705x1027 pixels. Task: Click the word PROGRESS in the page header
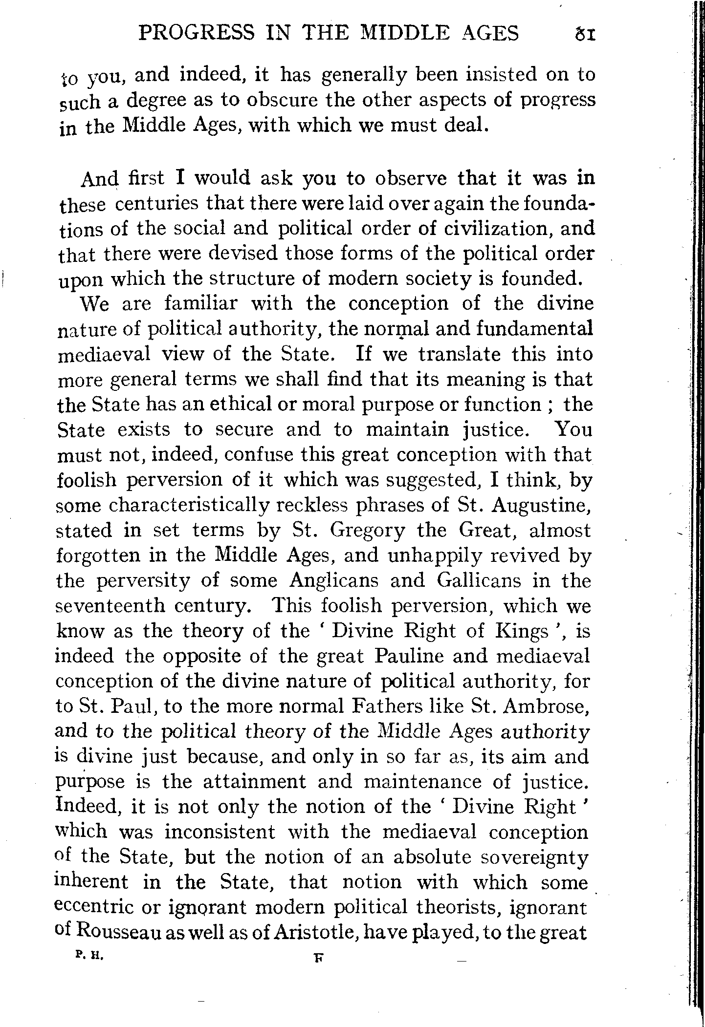197,34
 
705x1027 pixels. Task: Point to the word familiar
200,304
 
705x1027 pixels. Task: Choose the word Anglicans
333,581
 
